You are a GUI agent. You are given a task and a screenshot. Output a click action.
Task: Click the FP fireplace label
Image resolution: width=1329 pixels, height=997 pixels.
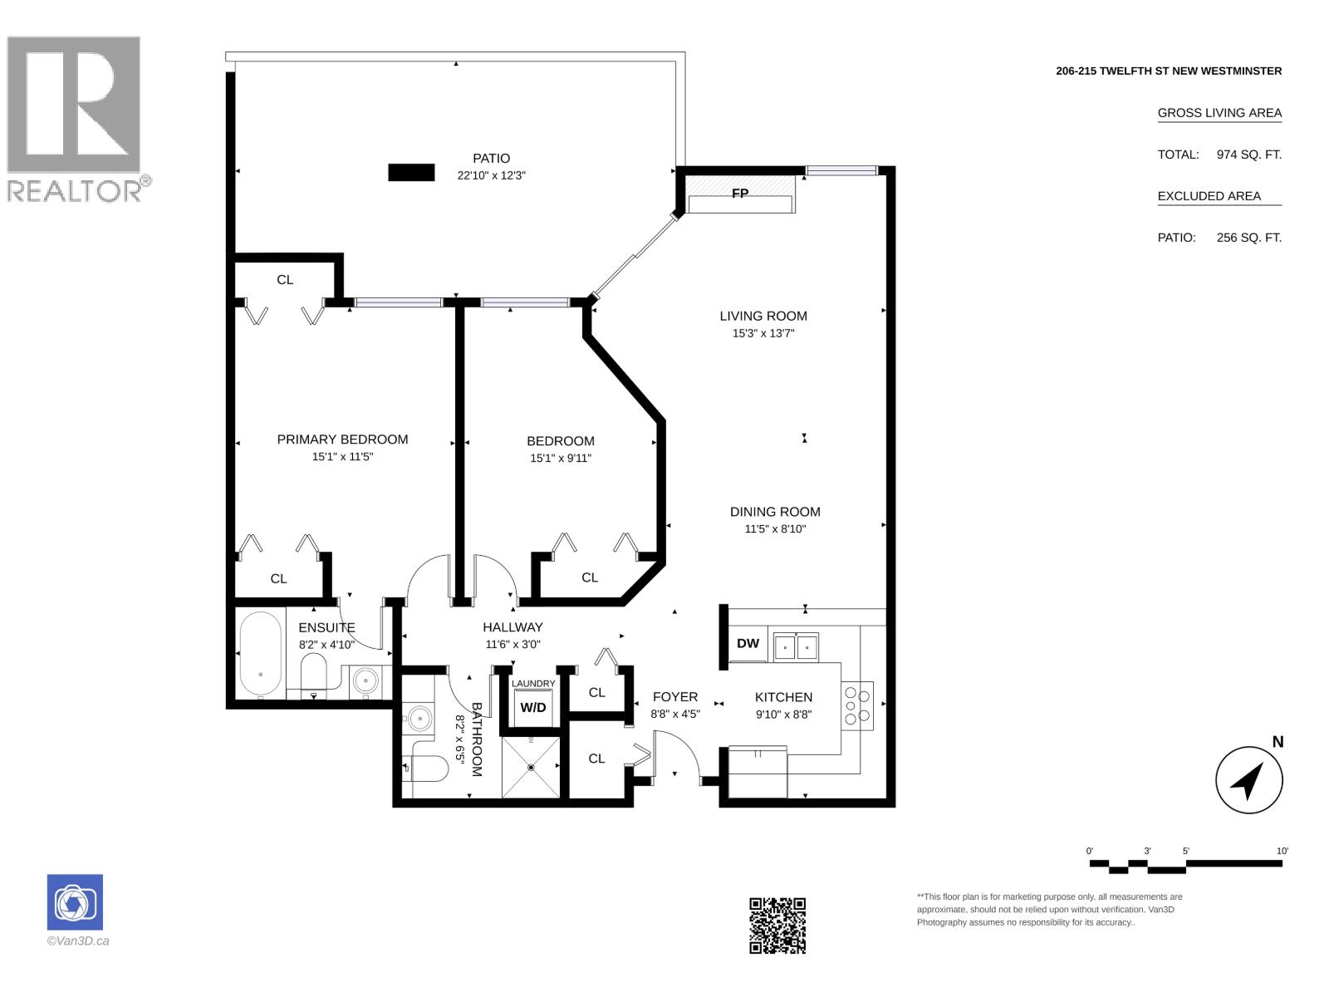pyautogui.click(x=740, y=193)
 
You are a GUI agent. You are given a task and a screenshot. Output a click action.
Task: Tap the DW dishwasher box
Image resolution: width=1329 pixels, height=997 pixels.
pyautogui.click(x=748, y=643)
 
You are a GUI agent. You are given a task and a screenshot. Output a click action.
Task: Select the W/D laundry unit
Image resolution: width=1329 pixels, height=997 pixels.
pyautogui.click(x=532, y=707)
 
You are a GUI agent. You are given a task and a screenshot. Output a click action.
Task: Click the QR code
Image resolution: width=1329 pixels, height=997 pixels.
pyautogui.click(x=777, y=926)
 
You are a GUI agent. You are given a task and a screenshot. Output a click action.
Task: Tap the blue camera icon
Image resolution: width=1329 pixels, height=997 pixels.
pyautogui.click(x=75, y=902)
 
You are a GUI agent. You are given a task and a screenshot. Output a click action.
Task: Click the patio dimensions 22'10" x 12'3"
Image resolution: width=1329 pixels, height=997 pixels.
pyautogui.click(x=491, y=175)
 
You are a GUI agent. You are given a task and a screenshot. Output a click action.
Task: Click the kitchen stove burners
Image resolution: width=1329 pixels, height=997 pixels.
pyautogui.click(x=857, y=705)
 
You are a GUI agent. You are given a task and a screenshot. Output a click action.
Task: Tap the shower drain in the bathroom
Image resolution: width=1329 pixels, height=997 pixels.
pyautogui.click(x=531, y=768)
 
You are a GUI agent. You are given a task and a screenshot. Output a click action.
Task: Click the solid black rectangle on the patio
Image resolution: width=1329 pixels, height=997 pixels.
pyautogui.click(x=411, y=173)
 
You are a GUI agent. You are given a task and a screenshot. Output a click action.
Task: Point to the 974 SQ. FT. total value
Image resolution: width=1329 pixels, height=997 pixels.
pyautogui.click(x=1249, y=155)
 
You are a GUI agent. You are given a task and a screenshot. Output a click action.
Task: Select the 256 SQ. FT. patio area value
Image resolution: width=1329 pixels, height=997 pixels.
pyautogui.click(x=1249, y=238)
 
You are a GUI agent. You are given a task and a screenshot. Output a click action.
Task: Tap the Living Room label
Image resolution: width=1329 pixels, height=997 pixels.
pyautogui.click(x=763, y=316)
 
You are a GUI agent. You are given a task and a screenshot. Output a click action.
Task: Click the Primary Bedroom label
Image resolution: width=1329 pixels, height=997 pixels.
pyautogui.click(x=342, y=440)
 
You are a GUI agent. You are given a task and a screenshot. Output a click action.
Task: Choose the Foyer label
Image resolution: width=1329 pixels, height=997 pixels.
pyautogui.click(x=675, y=697)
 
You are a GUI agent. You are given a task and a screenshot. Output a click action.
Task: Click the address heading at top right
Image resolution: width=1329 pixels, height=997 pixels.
pyautogui.click(x=1169, y=71)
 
